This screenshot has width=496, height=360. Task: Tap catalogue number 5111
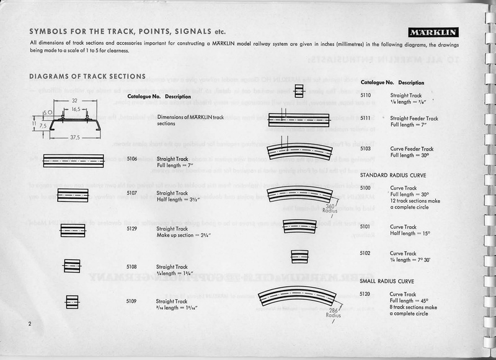[x=366, y=118]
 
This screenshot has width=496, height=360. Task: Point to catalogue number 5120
[x=366, y=294]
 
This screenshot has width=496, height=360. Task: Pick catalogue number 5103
[x=366, y=149]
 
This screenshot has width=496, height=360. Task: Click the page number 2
[x=29, y=325]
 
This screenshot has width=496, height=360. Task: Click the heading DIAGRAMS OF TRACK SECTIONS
[x=87, y=76]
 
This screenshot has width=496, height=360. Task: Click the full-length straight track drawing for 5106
[x=74, y=159]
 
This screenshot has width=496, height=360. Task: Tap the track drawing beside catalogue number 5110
[x=299, y=92]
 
